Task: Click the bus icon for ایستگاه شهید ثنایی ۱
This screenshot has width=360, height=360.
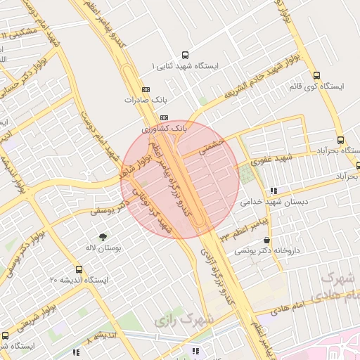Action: click(x=185, y=54)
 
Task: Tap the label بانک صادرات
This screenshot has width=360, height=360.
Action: click(x=145, y=100)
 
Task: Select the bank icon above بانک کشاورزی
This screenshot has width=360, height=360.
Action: click(x=165, y=117)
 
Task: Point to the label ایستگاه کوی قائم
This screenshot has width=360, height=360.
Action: click(x=315, y=86)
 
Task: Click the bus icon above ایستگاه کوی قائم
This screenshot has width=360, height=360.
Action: click(x=316, y=75)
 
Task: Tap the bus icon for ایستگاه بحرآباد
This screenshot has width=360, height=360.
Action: click(x=341, y=140)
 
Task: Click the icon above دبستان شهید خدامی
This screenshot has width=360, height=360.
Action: click(x=273, y=190)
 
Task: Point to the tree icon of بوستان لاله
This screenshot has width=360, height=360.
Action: click(x=103, y=236)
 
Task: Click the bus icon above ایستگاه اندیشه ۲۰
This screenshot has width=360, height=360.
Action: click(x=77, y=269)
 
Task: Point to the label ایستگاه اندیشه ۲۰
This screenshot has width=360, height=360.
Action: click(x=78, y=281)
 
